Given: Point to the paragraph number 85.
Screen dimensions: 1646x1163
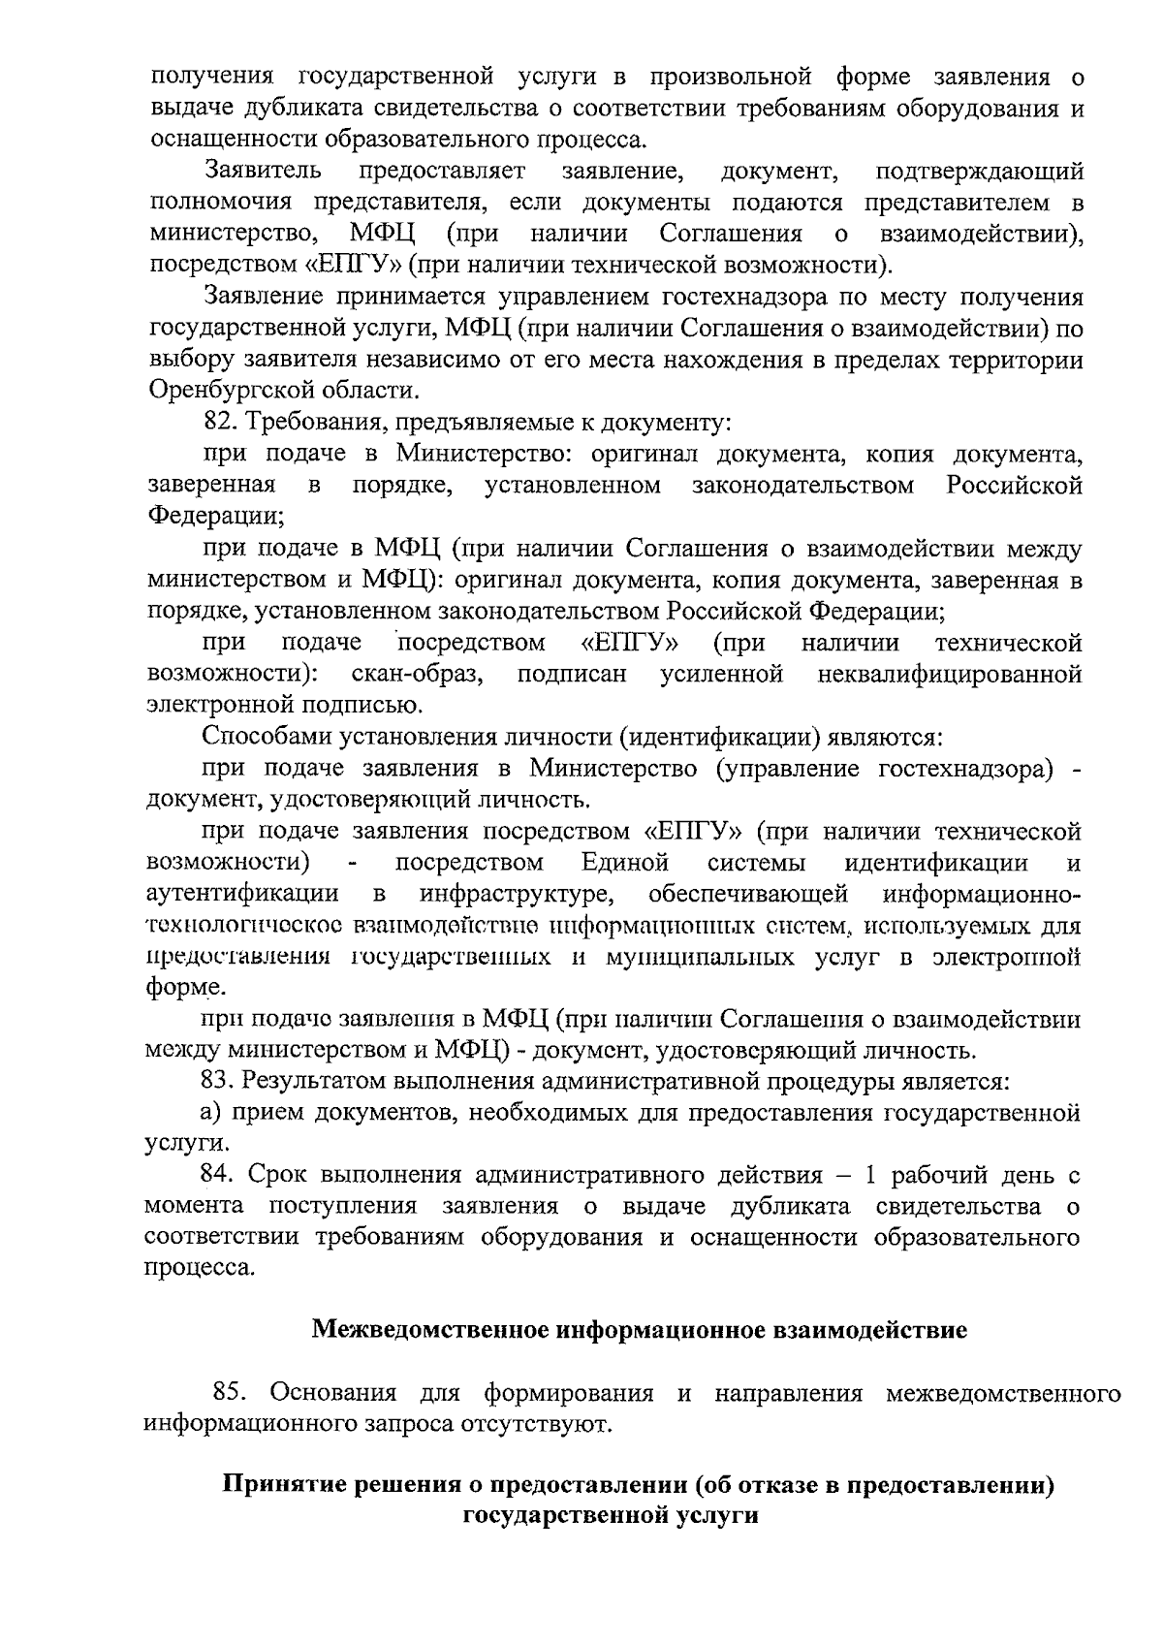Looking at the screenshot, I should [x=230, y=1394].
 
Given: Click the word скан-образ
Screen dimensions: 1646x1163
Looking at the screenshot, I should [x=420, y=674].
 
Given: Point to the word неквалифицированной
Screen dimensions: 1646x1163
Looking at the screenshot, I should [x=949, y=674].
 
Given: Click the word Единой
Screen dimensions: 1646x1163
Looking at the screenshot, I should [x=625, y=862].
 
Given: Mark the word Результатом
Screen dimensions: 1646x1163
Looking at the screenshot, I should [x=302, y=1081].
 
